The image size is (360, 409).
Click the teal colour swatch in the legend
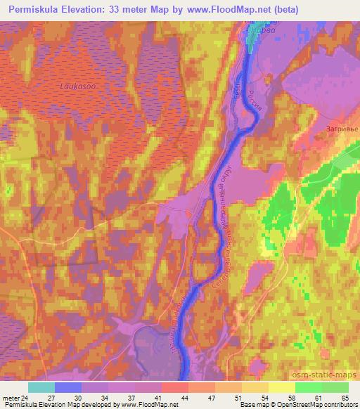pos(41,387)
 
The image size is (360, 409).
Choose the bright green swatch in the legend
pos(309,387)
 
